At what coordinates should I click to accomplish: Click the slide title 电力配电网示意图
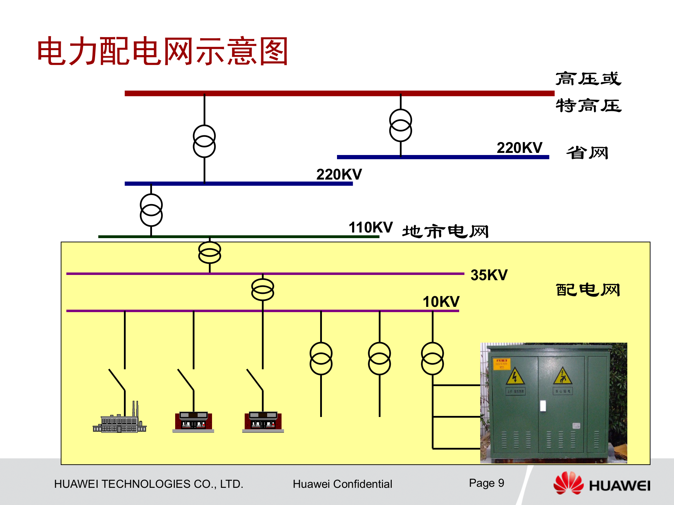tap(162, 51)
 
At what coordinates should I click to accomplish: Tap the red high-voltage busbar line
tap(339, 93)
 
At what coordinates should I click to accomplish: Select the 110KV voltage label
tap(370, 227)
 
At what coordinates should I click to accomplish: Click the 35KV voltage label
tap(489, 275)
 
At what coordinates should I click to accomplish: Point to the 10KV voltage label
tap(441, 302)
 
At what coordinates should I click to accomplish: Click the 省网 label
tap(587, 153)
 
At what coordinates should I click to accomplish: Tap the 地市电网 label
tap(445, 231)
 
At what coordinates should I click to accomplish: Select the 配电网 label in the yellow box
tap(588, 290)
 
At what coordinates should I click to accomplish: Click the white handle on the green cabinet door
tap(543, 406)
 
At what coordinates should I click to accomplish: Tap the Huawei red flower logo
tap(568, 483)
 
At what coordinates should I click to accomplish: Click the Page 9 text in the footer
tap(487, 483)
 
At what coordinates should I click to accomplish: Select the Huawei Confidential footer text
tap(342, 484)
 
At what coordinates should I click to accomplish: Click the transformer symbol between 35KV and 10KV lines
tap(263, 290)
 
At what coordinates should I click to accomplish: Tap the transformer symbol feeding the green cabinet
tap(432, 358)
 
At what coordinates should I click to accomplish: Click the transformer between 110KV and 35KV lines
tap(210, 252)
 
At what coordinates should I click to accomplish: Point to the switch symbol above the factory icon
tap(117, 379)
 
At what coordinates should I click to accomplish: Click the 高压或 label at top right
tap(588, 79)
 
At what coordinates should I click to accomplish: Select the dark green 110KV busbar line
tap(239, 237)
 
